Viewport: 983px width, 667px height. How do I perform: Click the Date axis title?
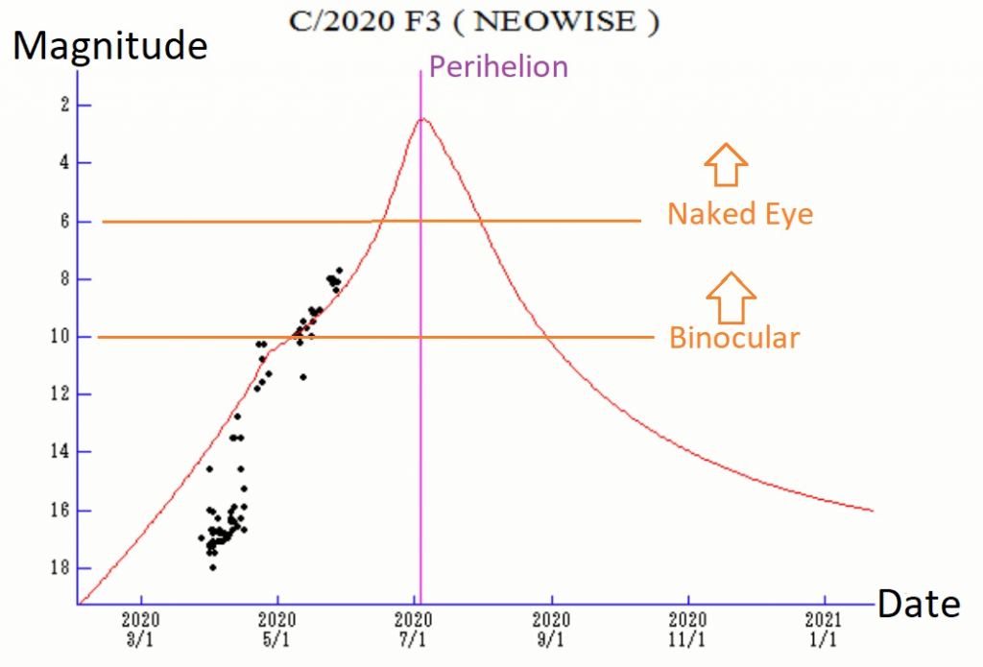click(918, 603)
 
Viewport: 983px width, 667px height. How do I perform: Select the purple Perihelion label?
click(498, 66)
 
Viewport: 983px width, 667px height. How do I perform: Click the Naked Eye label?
click(740, 213)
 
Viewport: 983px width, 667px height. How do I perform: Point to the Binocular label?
click(734, 337)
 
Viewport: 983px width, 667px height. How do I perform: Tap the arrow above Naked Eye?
click(726, 164)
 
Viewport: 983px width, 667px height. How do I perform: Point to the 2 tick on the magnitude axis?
click(60, 105)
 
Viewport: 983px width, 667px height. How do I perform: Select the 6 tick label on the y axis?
click(60, 221)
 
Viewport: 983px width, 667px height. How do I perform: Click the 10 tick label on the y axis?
click(57, 337)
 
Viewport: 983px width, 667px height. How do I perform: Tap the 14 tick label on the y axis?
click(57, 452)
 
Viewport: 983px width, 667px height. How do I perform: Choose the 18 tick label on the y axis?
click(57, 567)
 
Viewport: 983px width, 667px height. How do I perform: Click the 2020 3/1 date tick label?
click(140, 631)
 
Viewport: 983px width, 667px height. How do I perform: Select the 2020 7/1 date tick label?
click(414, 631)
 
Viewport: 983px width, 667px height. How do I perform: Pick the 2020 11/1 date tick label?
click(688, 631)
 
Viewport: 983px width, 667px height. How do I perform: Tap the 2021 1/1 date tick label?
click(824, 631)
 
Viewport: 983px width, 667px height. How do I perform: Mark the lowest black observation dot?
click(212, 567)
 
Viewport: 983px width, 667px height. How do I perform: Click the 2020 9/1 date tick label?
click(551, 631)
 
